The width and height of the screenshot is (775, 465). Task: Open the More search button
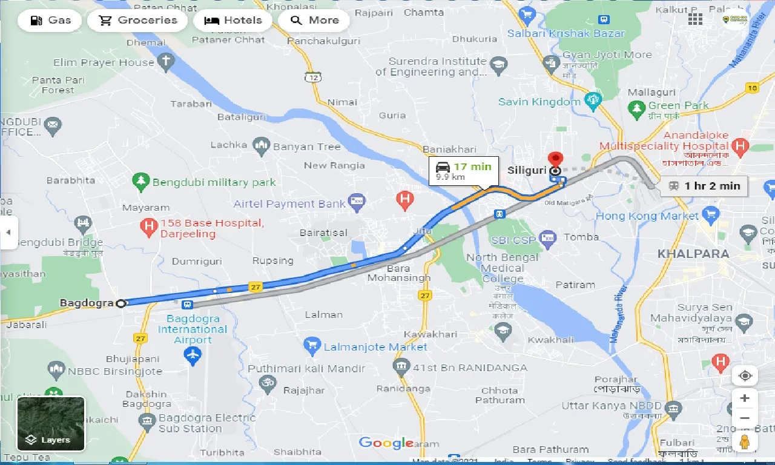pyautogui.click(x=314, y=21)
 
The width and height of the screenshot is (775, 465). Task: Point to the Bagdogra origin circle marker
pyautogui.click(x=121, y=303)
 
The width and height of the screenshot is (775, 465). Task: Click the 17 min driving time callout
pyautogui.click(x=463, y=171)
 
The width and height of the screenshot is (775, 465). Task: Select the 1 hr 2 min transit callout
pyautogui.click(x=704, y=186)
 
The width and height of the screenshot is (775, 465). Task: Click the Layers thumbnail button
pyautogui.click(x=51, y=424)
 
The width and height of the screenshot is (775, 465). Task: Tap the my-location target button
pyautogui.click(x=745, y=375)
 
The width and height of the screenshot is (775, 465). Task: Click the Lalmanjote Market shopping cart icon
pyautogui.click(x=312, y=347)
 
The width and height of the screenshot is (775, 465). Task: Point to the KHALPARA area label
pyautogui.click(x=693, y=254)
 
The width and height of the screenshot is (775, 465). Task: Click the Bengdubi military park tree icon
pyautogui.click(x=141, y=181)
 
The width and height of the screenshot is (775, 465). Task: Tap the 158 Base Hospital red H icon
pyautogui.click(x=148, y=228)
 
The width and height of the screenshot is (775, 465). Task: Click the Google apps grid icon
pyautogui.click(x=695, y=19)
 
